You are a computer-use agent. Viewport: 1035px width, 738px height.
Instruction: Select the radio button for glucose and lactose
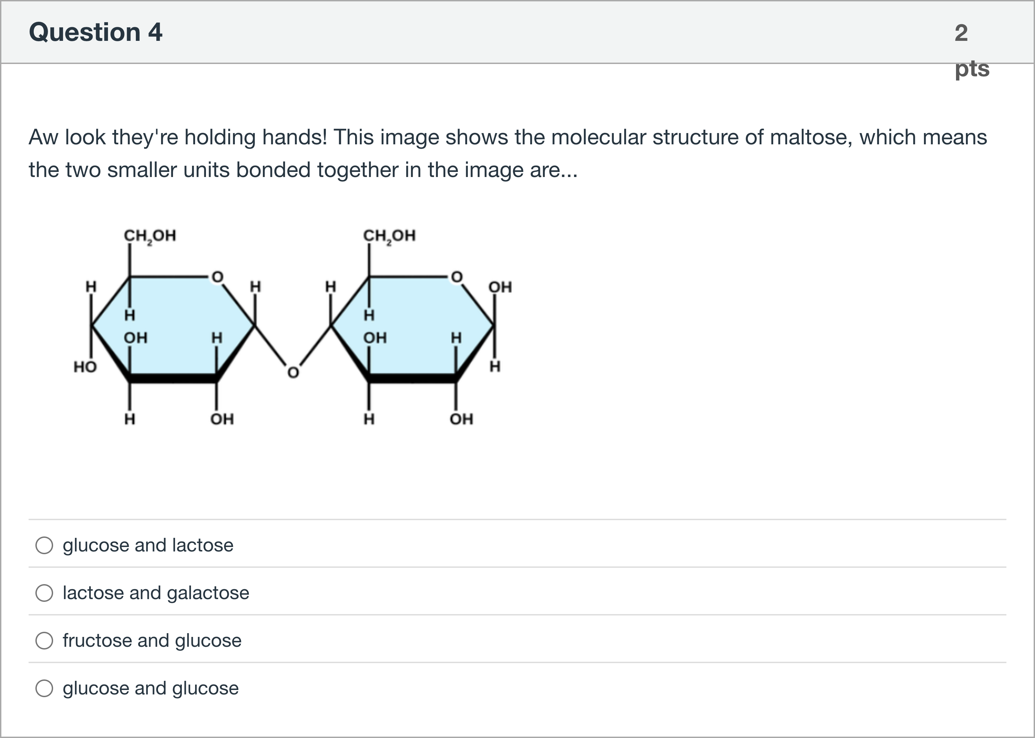pyautogui.click(x=44, y=545)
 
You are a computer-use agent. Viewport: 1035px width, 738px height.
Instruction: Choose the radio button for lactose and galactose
pyautogui.click(x=44, y=593)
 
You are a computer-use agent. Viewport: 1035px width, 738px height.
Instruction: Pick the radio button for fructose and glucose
pyautogui.click(x=44, y=641)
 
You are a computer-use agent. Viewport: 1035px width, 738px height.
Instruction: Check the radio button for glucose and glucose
pyautogui.click(x=44, y=688)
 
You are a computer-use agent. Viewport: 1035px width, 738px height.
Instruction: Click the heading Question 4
pyautogui.click(x=95, y=32)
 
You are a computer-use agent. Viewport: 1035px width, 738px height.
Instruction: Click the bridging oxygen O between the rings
pyautogui.click(x=293, y=373)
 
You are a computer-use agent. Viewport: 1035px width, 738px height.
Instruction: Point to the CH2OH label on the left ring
pyautogui.click(x=150, y=236)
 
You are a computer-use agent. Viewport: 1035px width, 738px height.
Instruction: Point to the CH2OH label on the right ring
pyautogui.click(x=389, y=236)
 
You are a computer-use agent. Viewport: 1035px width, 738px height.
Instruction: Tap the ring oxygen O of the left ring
pyautogui.click(x=218, y=277)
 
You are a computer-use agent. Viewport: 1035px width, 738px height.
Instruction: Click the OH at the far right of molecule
pyautogui.click(x=500, y=287)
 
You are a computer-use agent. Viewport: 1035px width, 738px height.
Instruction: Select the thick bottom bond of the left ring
pyautogui.click(x=173, y=379)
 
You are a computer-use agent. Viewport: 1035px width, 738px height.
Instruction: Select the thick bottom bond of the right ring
pyautogui.click(x=412, y=379)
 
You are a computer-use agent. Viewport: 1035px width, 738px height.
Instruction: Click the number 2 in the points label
pyautogui.click(x=961, y=33)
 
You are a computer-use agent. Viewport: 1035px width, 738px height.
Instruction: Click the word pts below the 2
pyautogui.click(x=972, y=69)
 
